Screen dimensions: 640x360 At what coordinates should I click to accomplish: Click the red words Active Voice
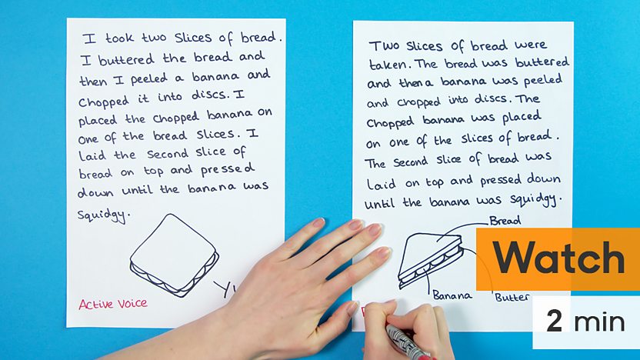coord(113,304)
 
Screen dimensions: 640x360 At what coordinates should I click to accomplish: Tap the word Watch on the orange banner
coord(558,258)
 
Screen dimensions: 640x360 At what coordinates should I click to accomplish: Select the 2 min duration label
coord(585,322)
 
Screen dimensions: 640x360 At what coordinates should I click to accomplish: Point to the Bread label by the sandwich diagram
coord(505,221)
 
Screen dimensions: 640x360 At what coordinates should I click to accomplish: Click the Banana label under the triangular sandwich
coord(452,295)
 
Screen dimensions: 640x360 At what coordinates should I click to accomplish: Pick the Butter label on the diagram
coord(512,297)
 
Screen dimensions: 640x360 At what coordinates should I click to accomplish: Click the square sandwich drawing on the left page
coord(175,255)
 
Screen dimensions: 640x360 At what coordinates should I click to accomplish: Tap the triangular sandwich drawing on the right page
coord(430,260)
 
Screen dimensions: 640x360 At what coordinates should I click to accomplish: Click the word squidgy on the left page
coord(104,215)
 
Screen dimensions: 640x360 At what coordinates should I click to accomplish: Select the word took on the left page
coord(119,38)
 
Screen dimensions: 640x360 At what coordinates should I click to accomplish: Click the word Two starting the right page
coord(384,45)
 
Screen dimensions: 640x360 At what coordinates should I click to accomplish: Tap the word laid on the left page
coord(92,155)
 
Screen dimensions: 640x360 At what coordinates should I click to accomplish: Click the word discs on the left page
coord(208,95)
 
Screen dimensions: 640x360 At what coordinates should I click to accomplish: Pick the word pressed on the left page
coord(228,170)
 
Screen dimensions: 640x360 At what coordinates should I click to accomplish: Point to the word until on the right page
coord(379,203)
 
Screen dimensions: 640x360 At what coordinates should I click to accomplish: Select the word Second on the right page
coord(410,162)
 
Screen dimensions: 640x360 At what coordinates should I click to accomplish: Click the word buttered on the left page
coord(126,60)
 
